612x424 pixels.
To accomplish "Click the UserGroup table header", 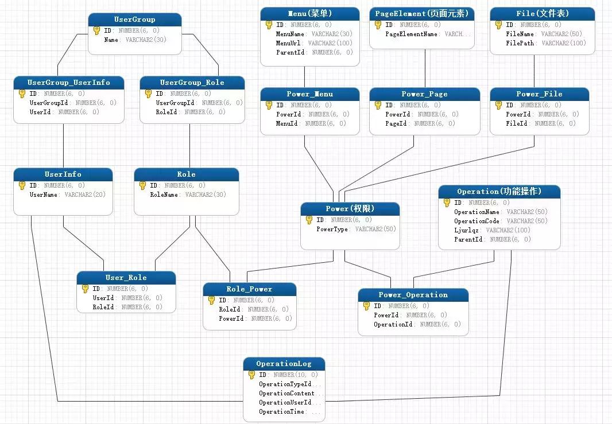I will click(135, 20).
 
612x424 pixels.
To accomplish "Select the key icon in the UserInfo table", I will click(22, 185).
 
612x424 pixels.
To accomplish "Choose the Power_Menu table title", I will click(310, 94).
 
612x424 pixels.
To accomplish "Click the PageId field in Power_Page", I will click(396, 123).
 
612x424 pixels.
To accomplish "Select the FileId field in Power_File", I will click(517, 123).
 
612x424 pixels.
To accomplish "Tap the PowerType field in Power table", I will click(334, 229).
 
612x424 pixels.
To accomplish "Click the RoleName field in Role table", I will click(166, 195).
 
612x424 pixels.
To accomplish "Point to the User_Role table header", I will click(126, 278).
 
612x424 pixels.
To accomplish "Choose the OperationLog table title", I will click(284, 364).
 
